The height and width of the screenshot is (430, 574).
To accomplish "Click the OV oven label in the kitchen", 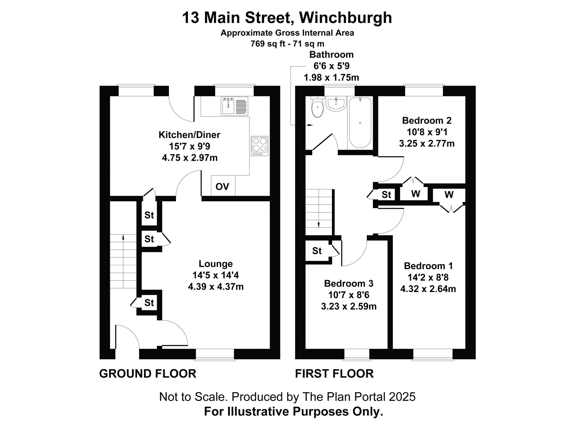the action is click(222, 186).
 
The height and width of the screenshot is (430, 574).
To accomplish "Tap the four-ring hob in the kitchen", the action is click(259, 146).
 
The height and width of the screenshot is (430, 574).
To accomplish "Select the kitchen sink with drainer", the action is click(234, 106).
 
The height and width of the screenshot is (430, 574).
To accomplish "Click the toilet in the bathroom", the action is click(317, 107).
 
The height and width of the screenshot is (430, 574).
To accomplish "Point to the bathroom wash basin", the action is click(336, 104).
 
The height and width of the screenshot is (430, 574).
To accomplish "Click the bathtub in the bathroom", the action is click(360, 123).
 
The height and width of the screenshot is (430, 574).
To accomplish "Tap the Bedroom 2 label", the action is click(427, 120).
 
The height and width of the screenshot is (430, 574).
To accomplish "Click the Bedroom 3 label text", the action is click(348, 283).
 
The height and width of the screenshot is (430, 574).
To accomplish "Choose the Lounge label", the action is click(216, 264).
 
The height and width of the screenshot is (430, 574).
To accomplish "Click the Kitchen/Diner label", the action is click(189, 135).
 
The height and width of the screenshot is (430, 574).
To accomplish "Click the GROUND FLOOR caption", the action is click(148, 374).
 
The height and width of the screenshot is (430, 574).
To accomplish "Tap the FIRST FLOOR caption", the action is click(334, 374).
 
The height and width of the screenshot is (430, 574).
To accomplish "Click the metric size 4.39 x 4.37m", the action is click(216, 287).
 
